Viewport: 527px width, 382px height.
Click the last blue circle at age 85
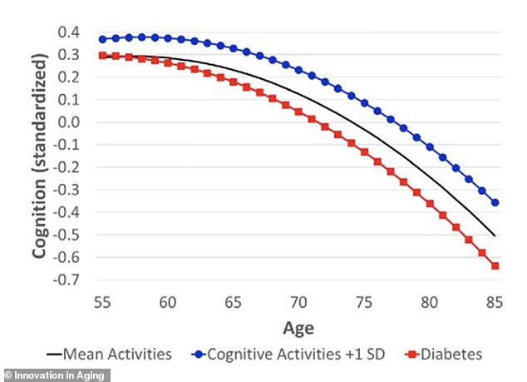coord(495,202)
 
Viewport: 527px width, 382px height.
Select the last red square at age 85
coord(495,265)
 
